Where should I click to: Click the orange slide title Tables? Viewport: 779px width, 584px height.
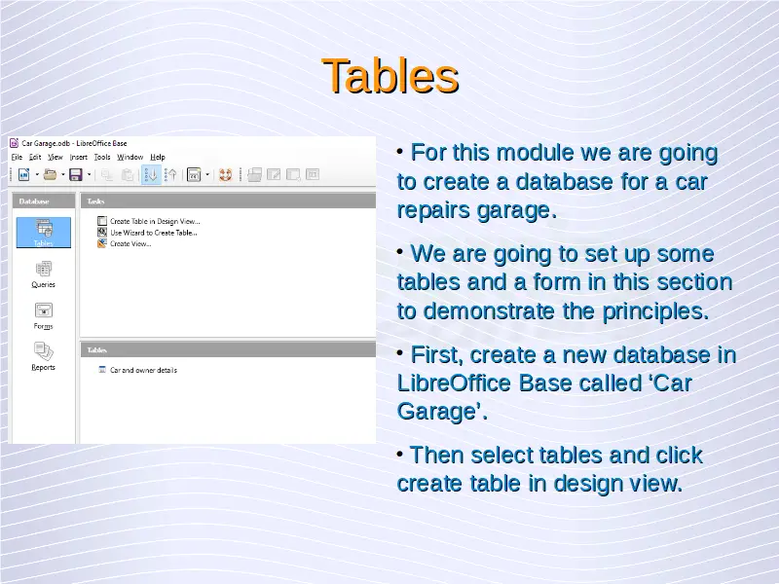pos(390,76)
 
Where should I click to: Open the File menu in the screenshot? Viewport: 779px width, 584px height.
pos(17,157)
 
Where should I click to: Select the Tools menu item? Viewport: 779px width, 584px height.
pos(102,157)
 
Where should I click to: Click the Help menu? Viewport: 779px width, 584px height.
pos(158,157)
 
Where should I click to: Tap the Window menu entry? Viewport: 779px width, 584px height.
pos(130,157)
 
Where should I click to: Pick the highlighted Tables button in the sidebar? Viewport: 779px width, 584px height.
pos(44,233)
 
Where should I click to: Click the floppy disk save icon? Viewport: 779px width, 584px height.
pos(76,175)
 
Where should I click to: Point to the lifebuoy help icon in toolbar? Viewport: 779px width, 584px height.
pos(226,175)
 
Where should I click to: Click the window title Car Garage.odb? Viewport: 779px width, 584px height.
pos(46,143)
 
